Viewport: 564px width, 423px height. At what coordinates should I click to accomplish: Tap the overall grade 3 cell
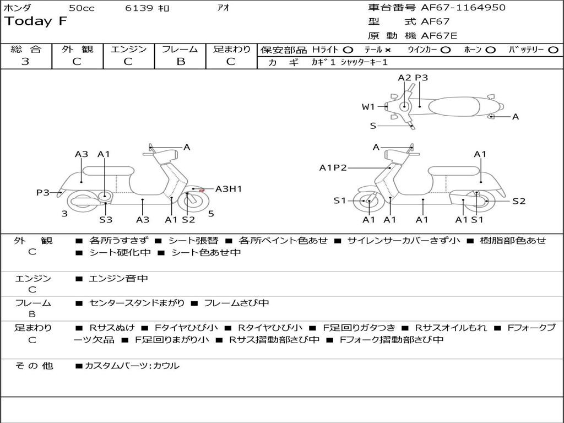(25, 62)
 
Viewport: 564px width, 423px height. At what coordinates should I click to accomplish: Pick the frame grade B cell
(180, 62)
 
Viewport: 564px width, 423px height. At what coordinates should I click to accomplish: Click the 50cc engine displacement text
(81, 8)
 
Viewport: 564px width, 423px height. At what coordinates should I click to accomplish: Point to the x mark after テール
(388, 50)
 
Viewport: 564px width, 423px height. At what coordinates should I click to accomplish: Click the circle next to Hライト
(348, 50)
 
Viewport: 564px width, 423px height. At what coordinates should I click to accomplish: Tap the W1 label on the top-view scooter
(368, 107)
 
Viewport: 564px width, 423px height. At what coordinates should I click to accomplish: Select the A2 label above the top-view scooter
(404, 78)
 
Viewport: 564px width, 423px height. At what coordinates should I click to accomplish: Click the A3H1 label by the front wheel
(229, 189)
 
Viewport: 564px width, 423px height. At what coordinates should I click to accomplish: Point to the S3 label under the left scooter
(106, 220)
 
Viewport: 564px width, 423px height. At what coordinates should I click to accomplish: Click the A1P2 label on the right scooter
(333, 168)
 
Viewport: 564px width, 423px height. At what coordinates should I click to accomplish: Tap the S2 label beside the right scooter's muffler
(519, 201)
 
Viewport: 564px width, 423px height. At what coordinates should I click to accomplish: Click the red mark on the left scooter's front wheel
(202, 191)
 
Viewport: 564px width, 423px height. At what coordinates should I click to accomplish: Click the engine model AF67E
(439, 36)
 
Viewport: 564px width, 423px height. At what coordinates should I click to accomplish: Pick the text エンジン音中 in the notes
(118, 279)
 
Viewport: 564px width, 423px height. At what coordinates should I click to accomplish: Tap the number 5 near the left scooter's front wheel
(211, 213)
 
